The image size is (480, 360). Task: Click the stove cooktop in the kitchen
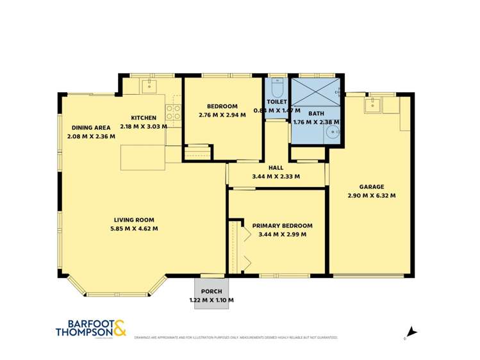pyautogui.click(x=173, y=112)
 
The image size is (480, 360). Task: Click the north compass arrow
pyautogui.click(x=411, y=332)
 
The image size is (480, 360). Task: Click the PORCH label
pyautogui.click(x=211, y=291)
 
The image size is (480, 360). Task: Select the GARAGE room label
pyautogui.click(x=371, y=187)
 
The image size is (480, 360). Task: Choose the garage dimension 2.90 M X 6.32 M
pyautogui.click(x=371, y=195)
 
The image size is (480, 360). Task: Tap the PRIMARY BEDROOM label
pyautogui.click(x=282, y=225)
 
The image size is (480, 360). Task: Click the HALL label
pyautogui.click(x=277, y=168)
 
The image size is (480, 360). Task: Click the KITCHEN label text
pyautogui.click(x=144, y=118)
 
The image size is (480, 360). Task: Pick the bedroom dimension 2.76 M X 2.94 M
pyautogui.click(x=222, y=115)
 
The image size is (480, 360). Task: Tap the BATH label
pyautogui.click(x=315, y=113)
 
